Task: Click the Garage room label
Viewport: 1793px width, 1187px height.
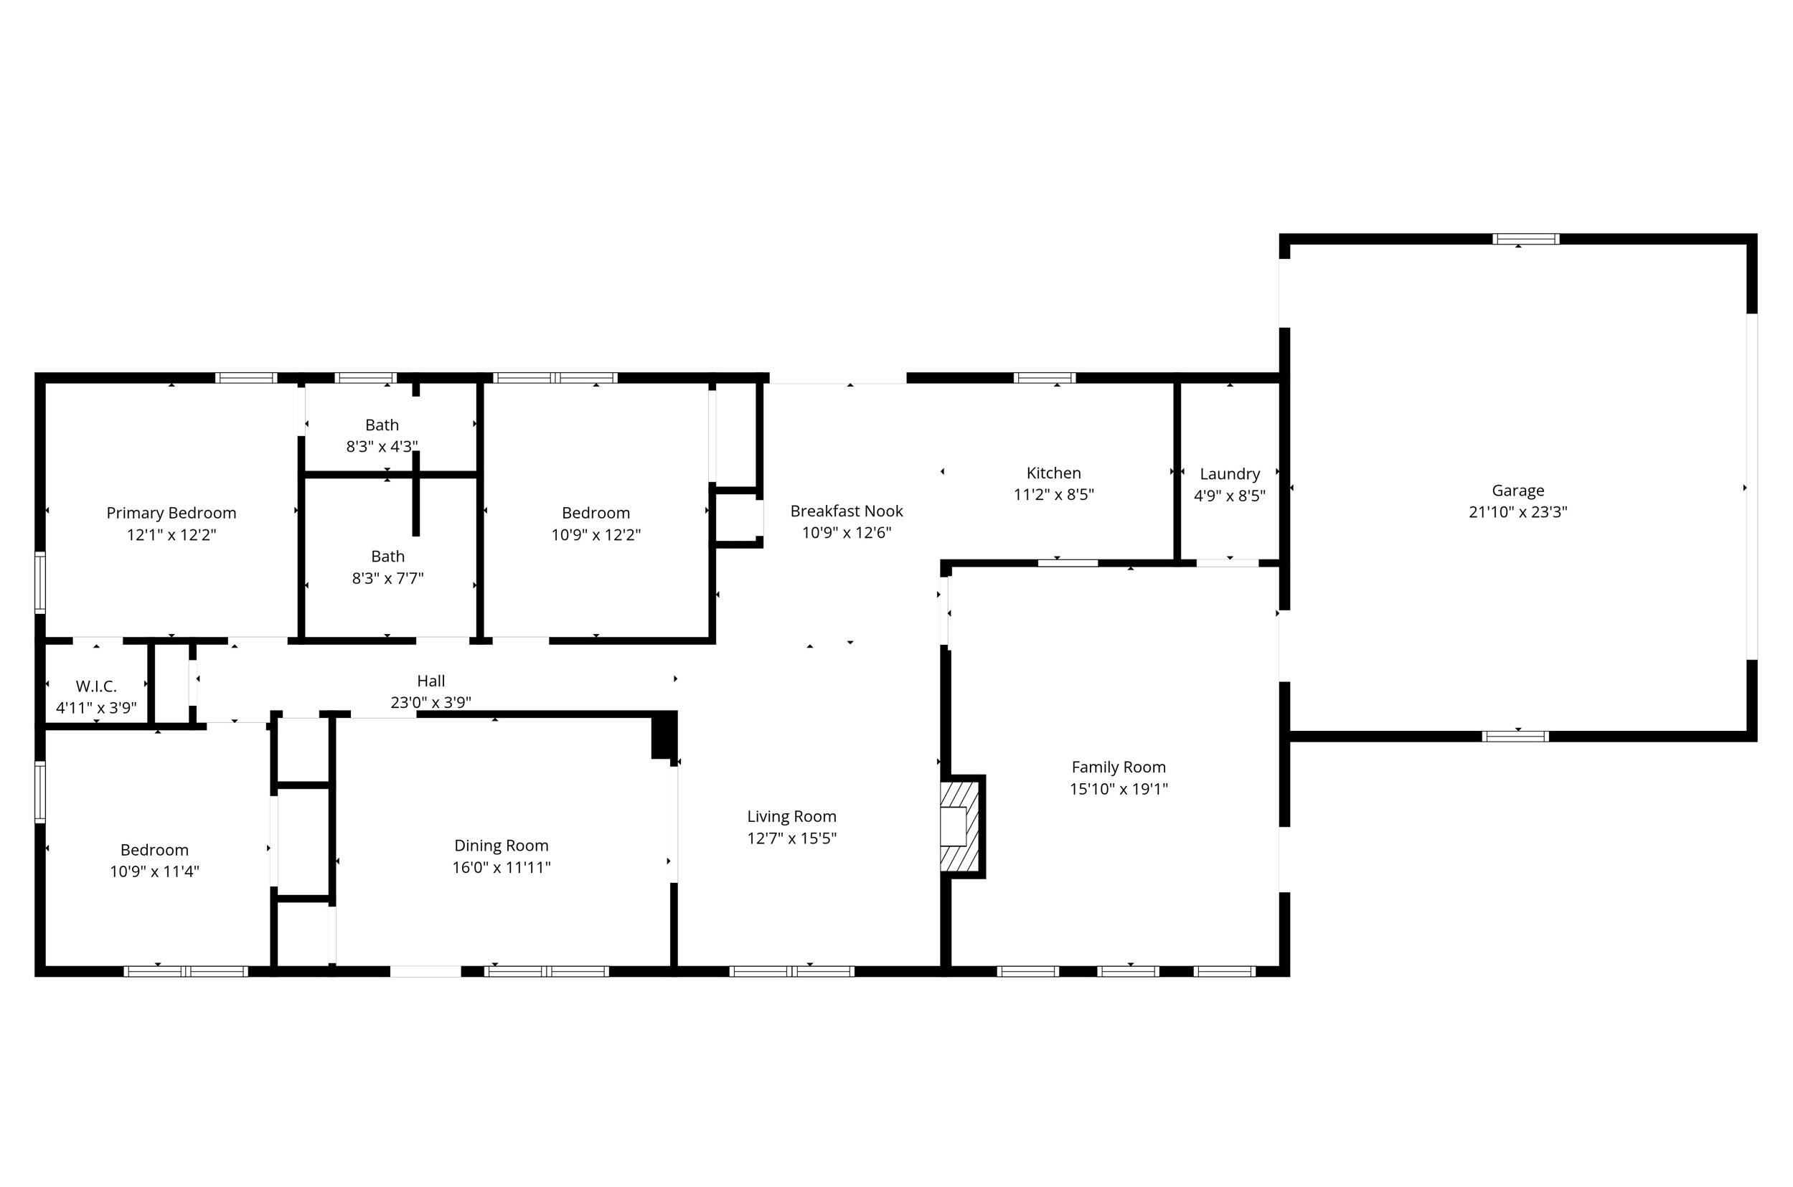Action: (1517, 491)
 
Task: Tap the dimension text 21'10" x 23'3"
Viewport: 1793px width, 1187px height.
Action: (1517, 512)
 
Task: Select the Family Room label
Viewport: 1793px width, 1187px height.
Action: (1119, 767)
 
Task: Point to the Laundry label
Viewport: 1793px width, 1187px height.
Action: (1230, 474)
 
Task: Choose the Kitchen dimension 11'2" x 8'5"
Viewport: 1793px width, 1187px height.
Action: (1053, 494)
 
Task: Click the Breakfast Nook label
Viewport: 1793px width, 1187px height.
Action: (847, 511)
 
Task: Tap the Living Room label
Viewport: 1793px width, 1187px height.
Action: (791, 816)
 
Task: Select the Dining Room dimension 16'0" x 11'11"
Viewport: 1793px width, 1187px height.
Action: (502, 867)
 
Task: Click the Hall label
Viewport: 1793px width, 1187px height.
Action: (430, 681)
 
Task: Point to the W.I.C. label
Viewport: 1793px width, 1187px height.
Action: (96, 686)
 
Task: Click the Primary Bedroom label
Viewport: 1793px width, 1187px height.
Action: (171, 514)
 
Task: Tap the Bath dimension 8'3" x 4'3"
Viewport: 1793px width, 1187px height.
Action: (382, 446)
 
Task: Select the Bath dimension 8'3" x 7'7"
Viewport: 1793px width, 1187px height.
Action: (387, 578)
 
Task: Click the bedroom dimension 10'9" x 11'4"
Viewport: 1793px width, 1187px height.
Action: (154, 871)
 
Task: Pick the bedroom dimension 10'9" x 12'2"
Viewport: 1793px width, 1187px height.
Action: (596, 534)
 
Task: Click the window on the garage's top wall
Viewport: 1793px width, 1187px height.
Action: (1525, 240)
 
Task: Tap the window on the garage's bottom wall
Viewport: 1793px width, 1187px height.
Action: (1515, 736)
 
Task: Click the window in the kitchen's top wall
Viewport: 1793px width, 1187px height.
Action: (1045, 378)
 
